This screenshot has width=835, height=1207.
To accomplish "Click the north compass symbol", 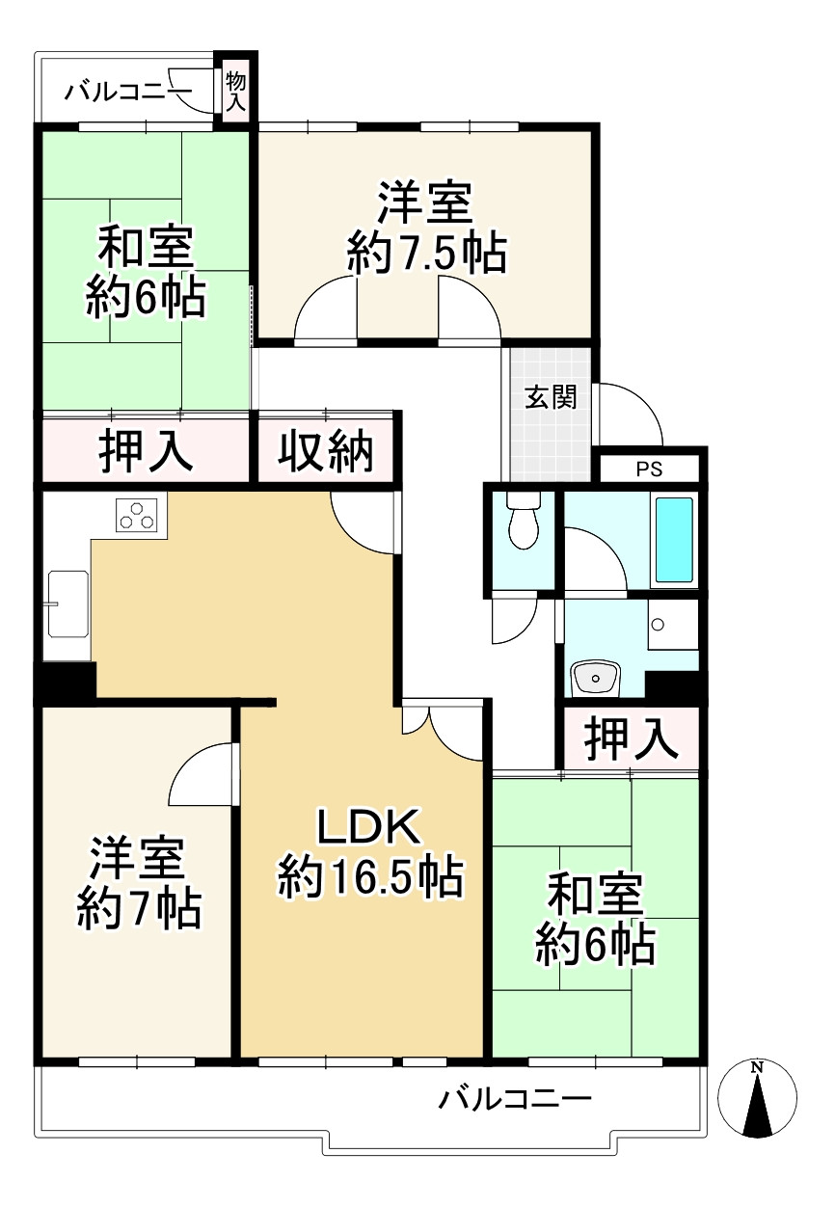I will pyautogui.click(x=758, y=1099).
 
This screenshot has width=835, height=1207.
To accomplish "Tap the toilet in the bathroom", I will pyautogui.click(x=522, y=522).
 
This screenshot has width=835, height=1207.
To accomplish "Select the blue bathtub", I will pyautogui.click(x=674, y=540).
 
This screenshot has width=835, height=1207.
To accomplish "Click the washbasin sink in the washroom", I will pyautogui.click(x=595, y=679).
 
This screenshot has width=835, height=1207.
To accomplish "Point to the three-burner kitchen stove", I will pyautogui.click(x=136, y=515).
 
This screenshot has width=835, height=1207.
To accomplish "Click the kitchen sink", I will pyautogui.click(x=67, y=603).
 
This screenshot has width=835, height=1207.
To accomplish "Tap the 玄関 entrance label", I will pyautogui.click(x=551, y=397).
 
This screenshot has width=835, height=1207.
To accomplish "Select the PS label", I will pyautogui.click(x=649, y=470).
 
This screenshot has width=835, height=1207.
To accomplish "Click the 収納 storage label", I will pyautogui.click(x=326, y=450).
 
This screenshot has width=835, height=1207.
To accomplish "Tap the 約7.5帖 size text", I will pyautogui.click(x=425, y=255).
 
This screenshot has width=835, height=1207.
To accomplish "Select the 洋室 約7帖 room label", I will pyautogui.click(x=139, y=882).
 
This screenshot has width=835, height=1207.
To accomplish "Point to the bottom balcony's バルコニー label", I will pyautogui.click(x=514, y=1098).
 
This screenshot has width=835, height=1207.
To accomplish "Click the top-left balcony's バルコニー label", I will pyautogui.click(x=128, y=93).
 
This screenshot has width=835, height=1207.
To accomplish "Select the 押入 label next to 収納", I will pyautogui.click(x=146, y=450).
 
